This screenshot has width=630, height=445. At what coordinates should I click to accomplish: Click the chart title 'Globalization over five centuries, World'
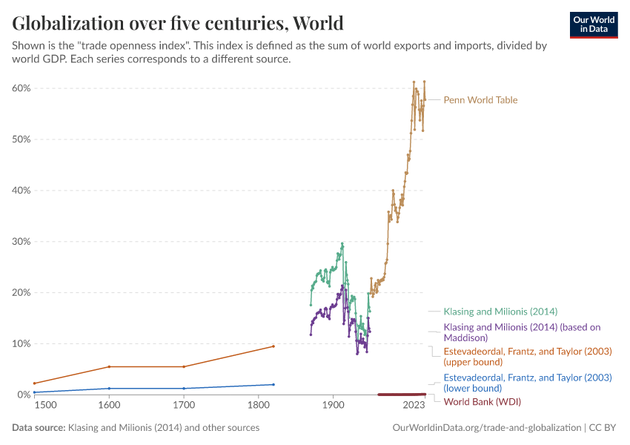(178, 23)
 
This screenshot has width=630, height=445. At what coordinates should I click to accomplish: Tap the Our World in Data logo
(593, 24)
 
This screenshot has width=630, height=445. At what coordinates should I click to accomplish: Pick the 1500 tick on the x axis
(44, 406)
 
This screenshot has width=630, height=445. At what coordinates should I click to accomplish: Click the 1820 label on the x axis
(273, 406)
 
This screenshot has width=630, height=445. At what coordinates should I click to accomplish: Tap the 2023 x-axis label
(414, 406)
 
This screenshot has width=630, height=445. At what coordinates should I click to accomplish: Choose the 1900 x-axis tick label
(333, 406)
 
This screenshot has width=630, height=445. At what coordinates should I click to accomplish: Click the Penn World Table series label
(480, 100)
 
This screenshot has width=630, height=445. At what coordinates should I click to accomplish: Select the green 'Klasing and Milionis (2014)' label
(500, 311)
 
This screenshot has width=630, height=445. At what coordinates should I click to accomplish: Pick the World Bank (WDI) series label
(482, 402)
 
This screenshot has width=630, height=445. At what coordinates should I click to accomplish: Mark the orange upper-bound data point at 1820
(273, 346)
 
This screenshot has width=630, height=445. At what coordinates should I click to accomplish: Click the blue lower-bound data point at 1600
(110, 389)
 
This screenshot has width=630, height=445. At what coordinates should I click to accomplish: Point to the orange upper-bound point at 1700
(184, 366)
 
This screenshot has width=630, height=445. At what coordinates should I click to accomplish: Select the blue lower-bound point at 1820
(273, 384)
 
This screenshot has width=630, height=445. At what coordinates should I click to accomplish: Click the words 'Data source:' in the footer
(39, 428)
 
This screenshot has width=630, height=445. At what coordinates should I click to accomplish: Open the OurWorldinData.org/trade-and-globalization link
(485, 428)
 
